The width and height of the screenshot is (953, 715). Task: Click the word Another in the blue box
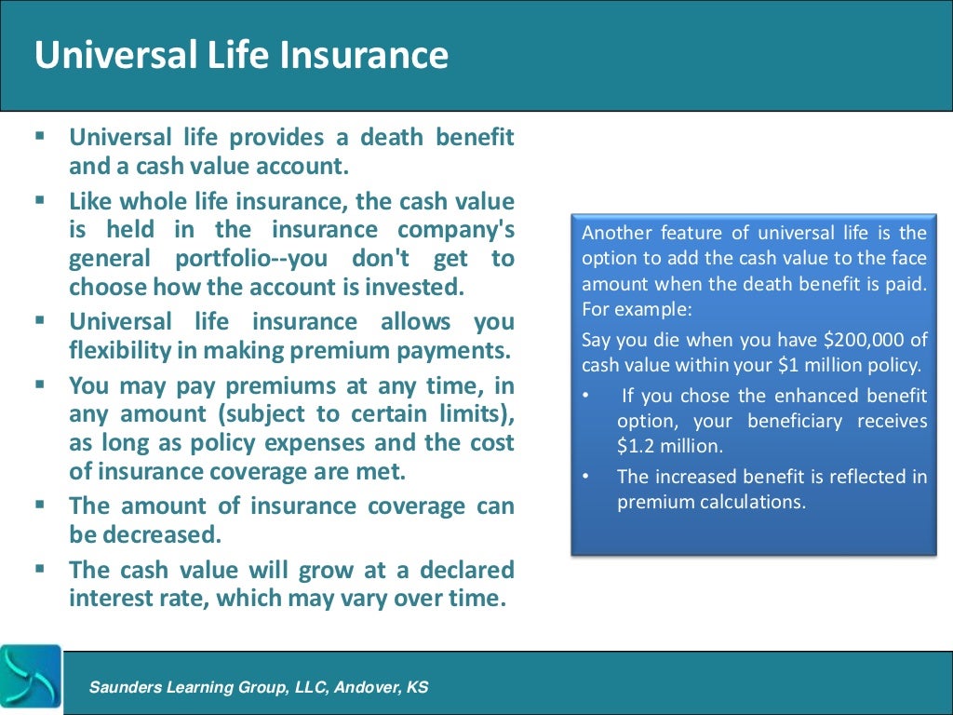coord(614,232)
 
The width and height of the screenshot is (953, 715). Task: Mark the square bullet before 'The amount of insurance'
coord(40,505)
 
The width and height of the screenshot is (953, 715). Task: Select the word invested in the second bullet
coord(415,286)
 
